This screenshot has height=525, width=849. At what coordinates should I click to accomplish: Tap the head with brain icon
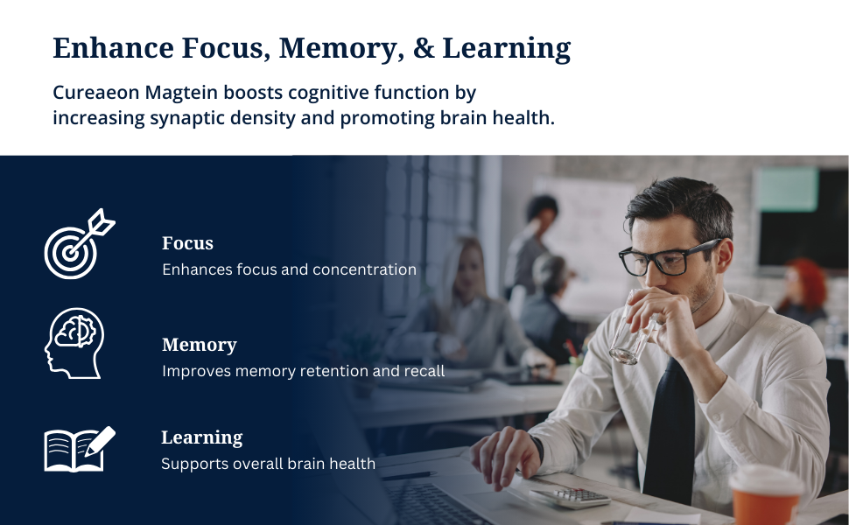[x=74, y=343]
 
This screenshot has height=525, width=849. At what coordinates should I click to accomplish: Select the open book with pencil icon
[x=80, y=449]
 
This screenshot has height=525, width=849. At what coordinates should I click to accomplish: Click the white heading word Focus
[x=187, y=243]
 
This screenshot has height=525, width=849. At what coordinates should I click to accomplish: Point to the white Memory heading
[x=200, y=345]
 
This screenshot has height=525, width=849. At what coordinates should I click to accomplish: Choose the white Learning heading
[x=202, y=437]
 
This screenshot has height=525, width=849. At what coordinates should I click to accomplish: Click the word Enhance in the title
[x=113, y=47]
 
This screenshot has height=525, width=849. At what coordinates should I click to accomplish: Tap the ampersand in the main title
[x=424, y=47]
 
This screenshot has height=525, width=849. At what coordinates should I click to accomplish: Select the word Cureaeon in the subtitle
[x=95, y=93]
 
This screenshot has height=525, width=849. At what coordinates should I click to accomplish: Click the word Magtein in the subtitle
[x=181, y=94]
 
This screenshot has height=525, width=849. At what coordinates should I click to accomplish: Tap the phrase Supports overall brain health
[x=268, y=464]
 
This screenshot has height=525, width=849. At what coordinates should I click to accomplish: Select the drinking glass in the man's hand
[x=633, y=330]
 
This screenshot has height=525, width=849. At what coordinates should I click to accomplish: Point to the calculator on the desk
[x=570, y=497]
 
